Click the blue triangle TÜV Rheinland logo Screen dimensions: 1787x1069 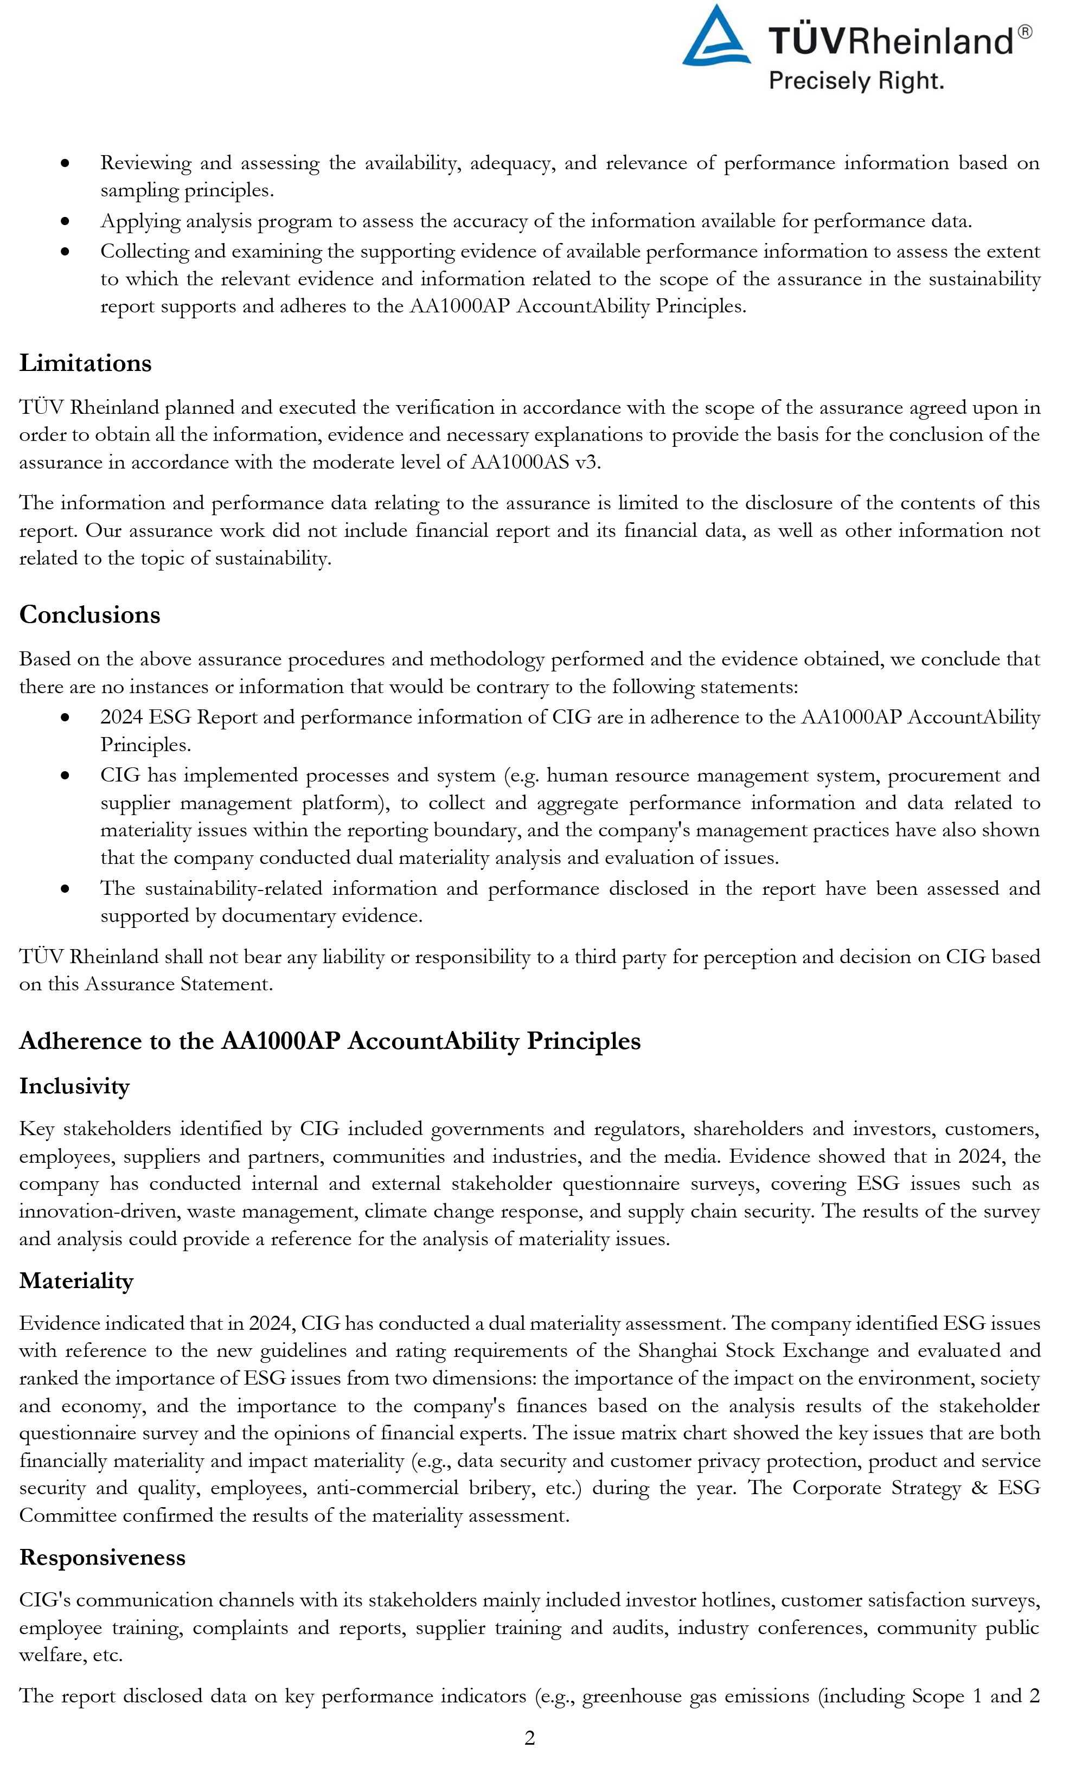[x=716, y=37]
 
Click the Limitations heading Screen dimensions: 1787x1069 [x=85, y=363]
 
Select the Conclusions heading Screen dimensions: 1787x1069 [x=89, y=614]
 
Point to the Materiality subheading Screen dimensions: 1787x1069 [x=76, y=1280]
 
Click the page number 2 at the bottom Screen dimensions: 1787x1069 [x=529, y=1738]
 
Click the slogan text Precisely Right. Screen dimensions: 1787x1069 [x=856, y=80]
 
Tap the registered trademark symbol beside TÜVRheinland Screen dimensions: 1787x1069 [x=1025, y=31]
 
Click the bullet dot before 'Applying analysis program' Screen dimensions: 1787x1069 [x=66, y=222]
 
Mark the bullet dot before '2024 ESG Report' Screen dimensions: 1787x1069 [x=66, y=718]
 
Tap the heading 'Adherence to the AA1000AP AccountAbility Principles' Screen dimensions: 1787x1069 [x=329, y=1041]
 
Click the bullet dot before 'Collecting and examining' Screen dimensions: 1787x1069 [x=66, y=252]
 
